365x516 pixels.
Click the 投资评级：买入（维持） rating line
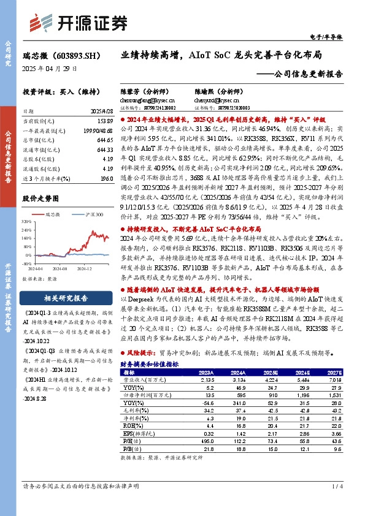[x=57, y=91]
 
